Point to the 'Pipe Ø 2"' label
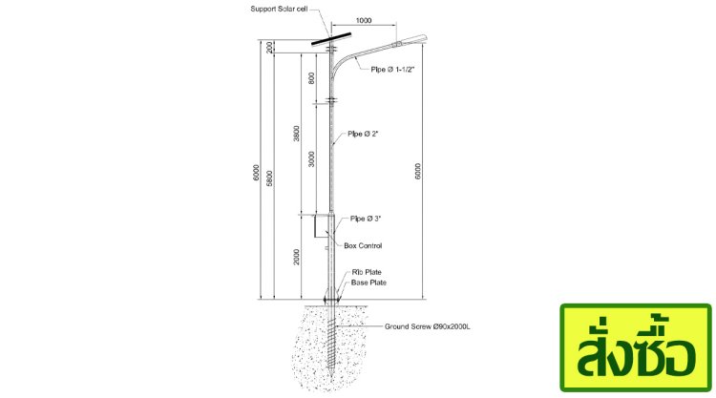coord(364,134)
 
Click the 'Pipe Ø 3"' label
coord(367,219)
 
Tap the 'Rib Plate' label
coord(367,272)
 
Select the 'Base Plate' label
coord(369,283)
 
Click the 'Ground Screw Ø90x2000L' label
coord(429,326)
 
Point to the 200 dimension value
coord(270,47)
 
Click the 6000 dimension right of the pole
coord(417,172)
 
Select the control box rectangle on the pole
coord(321,226)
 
